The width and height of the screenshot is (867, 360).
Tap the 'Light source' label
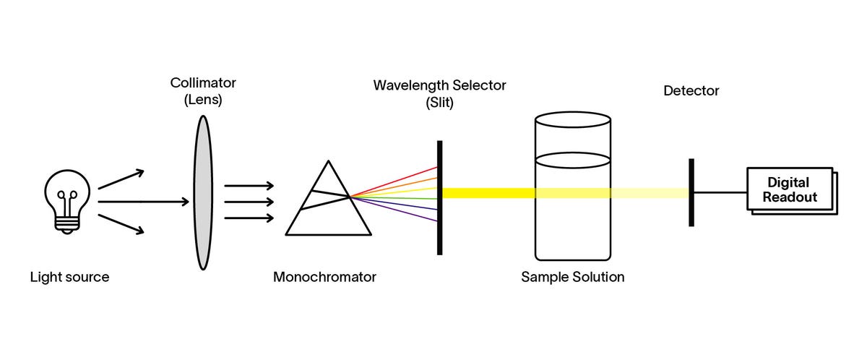point(69,277)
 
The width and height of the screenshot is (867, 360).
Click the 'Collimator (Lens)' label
point(202,92)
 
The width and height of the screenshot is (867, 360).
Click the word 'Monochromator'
point(324,277)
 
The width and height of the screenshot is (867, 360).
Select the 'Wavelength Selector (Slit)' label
point(439,93)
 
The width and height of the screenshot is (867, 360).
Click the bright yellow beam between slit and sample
point(488,193)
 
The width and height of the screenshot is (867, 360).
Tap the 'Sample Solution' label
point(572,277)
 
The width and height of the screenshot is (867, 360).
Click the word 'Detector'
point(691,91)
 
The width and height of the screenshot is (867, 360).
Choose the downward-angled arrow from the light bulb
point(121,223)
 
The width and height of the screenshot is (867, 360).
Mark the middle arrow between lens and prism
point(249,202)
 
